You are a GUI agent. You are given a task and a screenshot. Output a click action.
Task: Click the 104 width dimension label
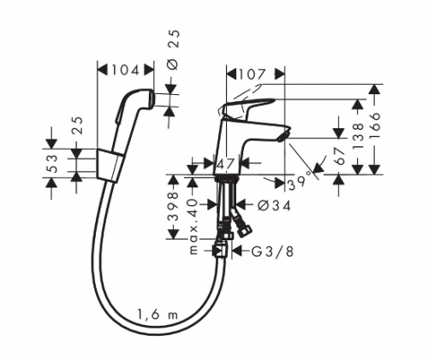point(125,70)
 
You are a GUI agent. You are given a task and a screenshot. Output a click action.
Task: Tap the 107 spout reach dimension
point(252,74)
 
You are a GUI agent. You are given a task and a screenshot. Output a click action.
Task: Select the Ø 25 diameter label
point(173,50)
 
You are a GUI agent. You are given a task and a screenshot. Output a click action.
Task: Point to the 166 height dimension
point(375,126)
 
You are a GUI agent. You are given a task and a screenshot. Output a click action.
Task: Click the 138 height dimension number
point(359,136)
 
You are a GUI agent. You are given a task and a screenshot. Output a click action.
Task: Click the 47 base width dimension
point(226,164)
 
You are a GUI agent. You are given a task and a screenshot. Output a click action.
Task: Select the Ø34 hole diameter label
point(274,205)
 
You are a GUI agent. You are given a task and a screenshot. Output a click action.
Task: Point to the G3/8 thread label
point(272,251)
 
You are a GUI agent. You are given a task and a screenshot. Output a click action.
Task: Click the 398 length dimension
point(173,207)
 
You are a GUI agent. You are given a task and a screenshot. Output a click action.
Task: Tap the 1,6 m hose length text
point(158,316)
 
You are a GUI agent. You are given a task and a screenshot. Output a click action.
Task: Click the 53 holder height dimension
point(52,163)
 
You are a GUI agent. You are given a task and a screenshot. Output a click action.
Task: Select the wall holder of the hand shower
point(110,166)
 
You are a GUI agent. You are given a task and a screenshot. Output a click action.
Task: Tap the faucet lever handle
point(247,106)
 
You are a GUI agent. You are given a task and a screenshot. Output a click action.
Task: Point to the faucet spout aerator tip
point(283,135)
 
